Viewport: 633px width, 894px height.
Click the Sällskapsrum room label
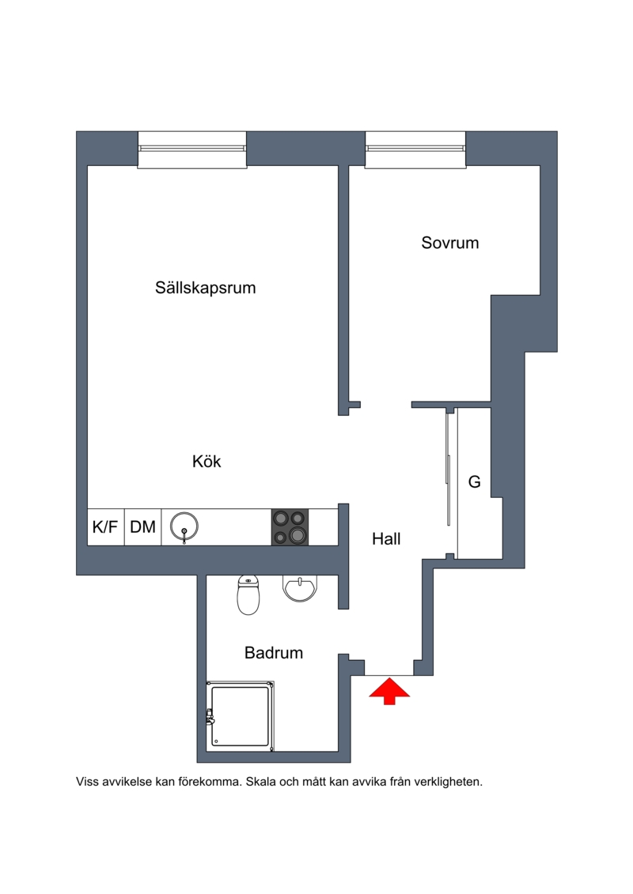[206, 288]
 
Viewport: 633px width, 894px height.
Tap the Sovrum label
[449, 243]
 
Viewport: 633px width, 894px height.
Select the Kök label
[206, 461]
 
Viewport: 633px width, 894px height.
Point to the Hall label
[386, 539]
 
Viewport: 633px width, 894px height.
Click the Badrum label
[274, 653]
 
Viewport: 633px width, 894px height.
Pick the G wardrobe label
[474, 481]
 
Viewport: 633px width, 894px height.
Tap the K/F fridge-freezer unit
[105, 526]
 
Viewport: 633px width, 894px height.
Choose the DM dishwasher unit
[142, 526]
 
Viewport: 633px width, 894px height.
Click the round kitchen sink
[184, 526]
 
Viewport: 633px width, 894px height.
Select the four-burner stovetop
[290, 526]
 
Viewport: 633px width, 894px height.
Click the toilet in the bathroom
[248, 594]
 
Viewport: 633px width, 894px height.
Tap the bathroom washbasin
[300, 588]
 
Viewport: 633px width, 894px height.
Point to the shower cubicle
[241, 715]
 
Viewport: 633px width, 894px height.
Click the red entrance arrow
[389, 691]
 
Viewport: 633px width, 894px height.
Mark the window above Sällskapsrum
[192, 149]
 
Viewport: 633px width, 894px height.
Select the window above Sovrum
[415, 149]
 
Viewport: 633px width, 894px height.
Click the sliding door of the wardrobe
[448, 466]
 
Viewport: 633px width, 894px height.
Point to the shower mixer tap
[210, 716]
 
